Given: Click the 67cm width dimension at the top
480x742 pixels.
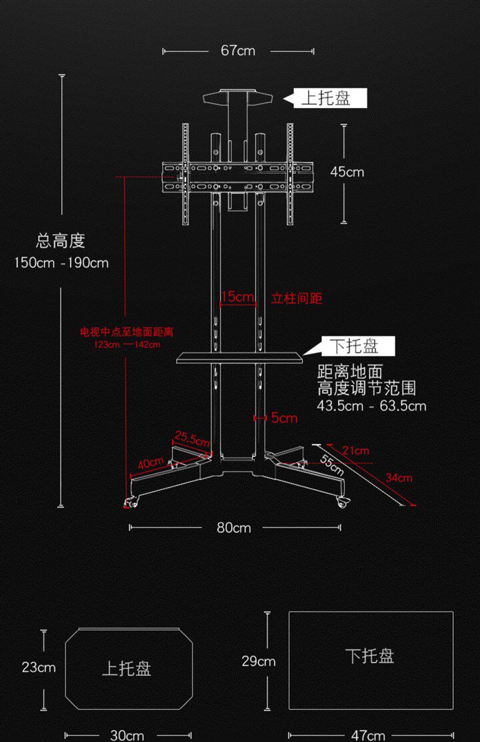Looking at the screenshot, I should [238, 51].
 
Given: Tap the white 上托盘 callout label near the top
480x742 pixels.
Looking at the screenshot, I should [326, 99].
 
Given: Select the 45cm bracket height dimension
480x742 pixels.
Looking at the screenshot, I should [347, 172].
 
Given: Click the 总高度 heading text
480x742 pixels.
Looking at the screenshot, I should [61, 240].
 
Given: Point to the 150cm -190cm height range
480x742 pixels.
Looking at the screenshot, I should [61, 262].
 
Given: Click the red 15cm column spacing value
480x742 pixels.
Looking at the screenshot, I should [238, 297].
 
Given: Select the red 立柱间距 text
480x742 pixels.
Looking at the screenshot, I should [297, 298].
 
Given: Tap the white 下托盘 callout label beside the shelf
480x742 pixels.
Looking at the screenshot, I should [356, 346].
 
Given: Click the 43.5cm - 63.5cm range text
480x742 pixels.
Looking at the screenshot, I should [372, 406].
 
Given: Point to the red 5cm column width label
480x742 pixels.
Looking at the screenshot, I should [284, 418].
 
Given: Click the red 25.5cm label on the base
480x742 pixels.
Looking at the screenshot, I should [192, 438].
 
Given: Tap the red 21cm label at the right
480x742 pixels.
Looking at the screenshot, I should [355, 451].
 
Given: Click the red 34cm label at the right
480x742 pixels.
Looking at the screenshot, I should [399, 478].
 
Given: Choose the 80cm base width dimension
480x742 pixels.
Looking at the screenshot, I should [233, 528].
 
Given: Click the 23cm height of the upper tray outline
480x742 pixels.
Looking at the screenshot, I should [39, 667].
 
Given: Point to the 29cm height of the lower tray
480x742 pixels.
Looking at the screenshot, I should [259, 661].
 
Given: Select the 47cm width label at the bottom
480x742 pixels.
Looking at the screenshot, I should [368, 735].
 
